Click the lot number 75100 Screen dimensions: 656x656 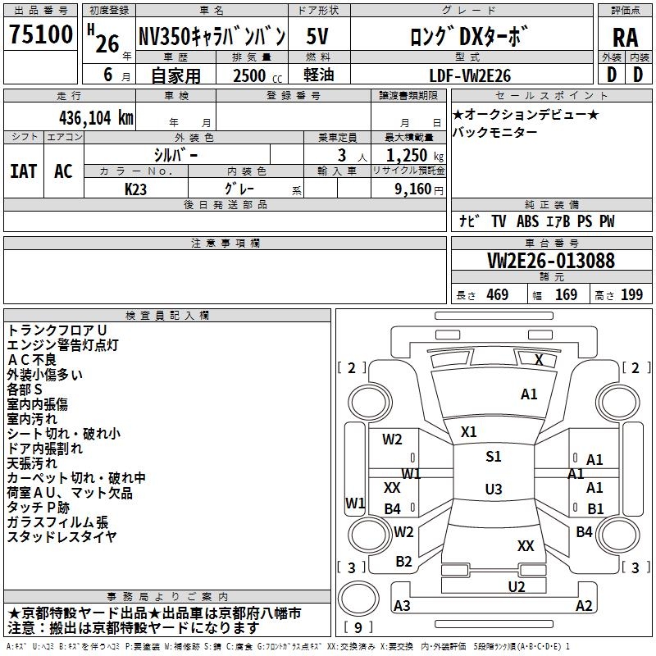(x=41, y=35)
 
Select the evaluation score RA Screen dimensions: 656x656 (x=625, y=37)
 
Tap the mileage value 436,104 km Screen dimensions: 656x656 (x=97, y=117)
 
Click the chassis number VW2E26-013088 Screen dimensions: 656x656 (x=551, y=261)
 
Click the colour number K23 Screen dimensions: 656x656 (x=136, y=189)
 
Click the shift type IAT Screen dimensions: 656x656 (x=24, y=171)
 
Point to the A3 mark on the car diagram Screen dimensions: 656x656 (x=403, y=606)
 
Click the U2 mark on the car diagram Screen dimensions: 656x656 (x=517, y=585)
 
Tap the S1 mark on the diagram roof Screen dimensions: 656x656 (x=493, y=457)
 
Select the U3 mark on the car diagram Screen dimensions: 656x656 (x=493, y=490)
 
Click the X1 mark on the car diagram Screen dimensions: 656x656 (x=469, y=431)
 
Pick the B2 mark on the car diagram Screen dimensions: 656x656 (x=403, y=562)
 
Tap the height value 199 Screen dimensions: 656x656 (x=631, y=295)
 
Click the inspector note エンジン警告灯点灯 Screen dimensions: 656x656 (x=63, y=344)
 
